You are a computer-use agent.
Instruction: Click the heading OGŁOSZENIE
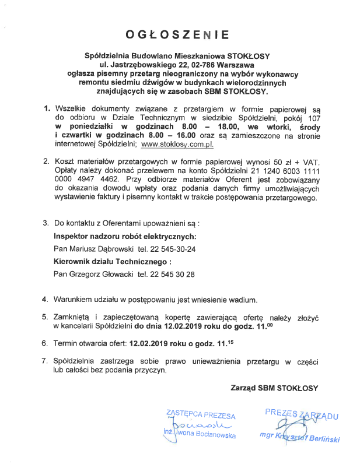(x=180, y=34)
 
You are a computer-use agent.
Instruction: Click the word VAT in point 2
(x=309, y=161)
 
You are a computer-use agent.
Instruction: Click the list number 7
(x=45, y=361)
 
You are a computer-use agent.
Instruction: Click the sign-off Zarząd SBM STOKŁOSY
(x=274, y=388)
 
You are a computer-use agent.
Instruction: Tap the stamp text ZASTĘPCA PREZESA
(x=201, y=416)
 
